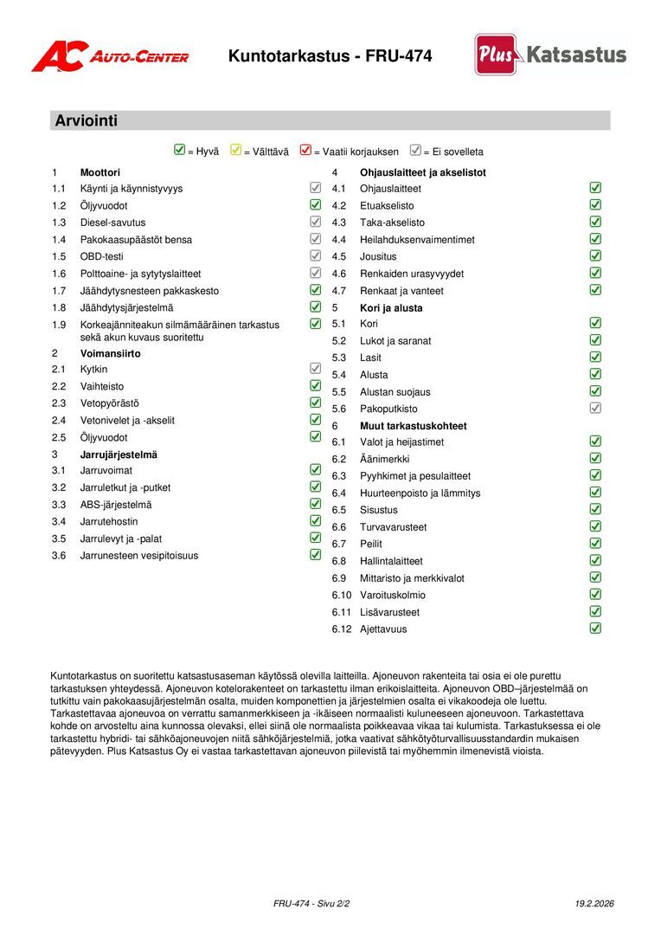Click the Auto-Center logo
(110, 57)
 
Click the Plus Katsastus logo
(550, 55)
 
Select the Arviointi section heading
(87, 121)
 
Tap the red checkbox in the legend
(305, 151)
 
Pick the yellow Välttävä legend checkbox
(235, 151)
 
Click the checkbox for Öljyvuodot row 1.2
(316, 205)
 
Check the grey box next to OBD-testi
(316, 256)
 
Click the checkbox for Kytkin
(316, 369)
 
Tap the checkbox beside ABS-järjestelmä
(316, 504)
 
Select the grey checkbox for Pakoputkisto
(595, 408)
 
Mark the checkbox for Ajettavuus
(595, 629)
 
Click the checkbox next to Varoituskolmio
(595, 595)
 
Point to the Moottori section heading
(99, 172)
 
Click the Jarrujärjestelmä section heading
(119, 454)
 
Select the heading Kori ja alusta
(391, 307)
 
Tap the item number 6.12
(342, 629)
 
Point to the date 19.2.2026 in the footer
(594, 904)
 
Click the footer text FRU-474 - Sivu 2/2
(311, 904)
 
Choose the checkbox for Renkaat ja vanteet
(595, 290)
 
